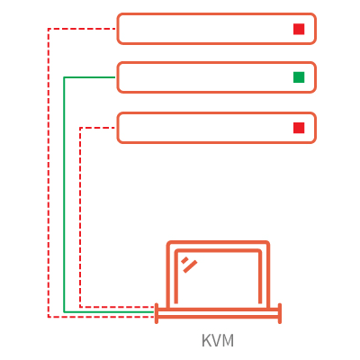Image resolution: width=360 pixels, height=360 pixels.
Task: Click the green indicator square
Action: pyautogui.click(x=299, y=77)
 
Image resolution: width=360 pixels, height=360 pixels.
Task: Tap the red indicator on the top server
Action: pyautogui.click(x=299, y=29)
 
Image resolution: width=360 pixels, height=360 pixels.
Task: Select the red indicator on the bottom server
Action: pyautogui.click(x=299, y=128)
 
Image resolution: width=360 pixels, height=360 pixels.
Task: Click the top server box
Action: pyautogui.click(x=216, y=13)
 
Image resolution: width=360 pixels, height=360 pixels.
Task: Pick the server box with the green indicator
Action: pyautogui.click(x=216, y=63)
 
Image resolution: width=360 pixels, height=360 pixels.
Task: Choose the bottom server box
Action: pyautogui.click(x=216, y=113)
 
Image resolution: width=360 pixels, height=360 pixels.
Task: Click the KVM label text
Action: pyautogui.click(x=218, y=340)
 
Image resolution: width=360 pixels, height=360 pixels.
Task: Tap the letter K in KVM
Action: pyautogui.click(x=206, y=340)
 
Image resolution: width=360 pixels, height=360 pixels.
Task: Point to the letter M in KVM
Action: pyautogui.click(x=228, y=340)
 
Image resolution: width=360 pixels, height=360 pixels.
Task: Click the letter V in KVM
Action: pyautogui.click(x=216, y=340)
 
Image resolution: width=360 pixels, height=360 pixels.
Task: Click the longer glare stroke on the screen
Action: pyautogui.click(x=190, y=266)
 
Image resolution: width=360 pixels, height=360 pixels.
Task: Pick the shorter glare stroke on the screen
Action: pyautogui.click(x=184, y=260)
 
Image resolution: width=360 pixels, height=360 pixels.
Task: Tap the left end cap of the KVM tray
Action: pyautogui.click(x=157, y=313)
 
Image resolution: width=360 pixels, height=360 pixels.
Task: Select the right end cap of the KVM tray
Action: pyautogui.click(x=280, y=313)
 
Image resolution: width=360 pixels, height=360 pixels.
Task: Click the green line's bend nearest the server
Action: pyautogui.click(x=64, y=77)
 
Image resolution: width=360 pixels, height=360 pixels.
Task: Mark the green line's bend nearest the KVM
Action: pyautogui.click(x=64, y=312)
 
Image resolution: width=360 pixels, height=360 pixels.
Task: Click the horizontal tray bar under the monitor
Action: pyautogui.click(x=218, y=313)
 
